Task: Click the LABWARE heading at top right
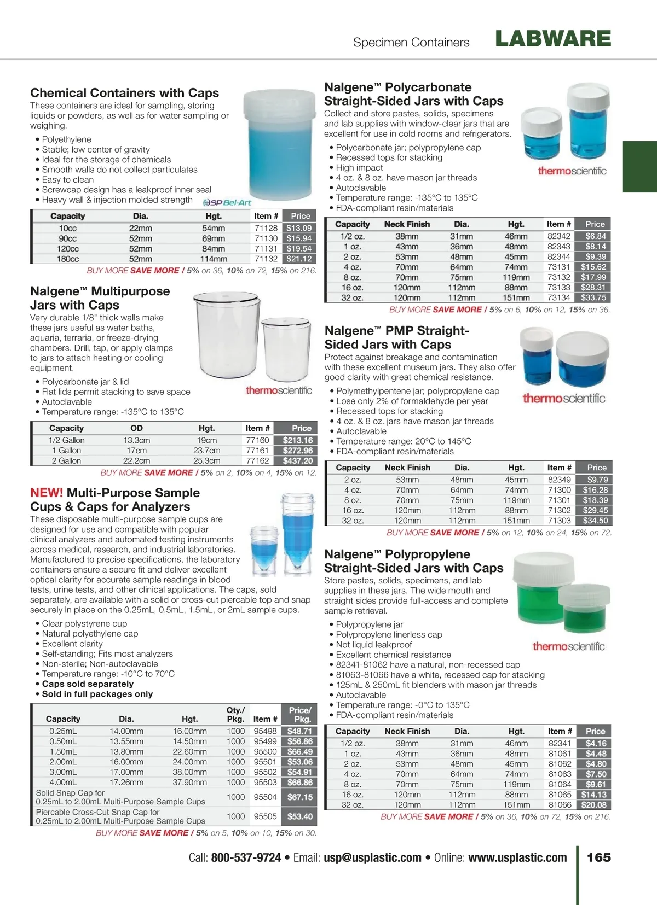[x=553, y=39]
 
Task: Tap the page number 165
[x=598, y=857]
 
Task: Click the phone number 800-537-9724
[x=246, y=858]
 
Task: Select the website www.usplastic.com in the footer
[x=517, y=858]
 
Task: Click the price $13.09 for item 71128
[x=299, y=228]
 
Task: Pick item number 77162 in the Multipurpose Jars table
[x=257, y=461]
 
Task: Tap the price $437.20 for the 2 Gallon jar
[x=298, y=461]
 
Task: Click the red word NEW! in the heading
[x=47, y=493]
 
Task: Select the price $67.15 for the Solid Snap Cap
[x=300, y=797]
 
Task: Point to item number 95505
[x=265, y=816]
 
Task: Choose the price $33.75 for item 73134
[x=593, y=298]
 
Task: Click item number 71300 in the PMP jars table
[x=559, y=490]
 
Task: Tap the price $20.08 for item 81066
[x=594, y=805]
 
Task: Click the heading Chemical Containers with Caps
[x=124, y=93]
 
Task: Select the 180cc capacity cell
[x=68, y=259]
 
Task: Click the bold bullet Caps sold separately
[x=88, y=684]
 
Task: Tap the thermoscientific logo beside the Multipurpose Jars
[x=279, y=390]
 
